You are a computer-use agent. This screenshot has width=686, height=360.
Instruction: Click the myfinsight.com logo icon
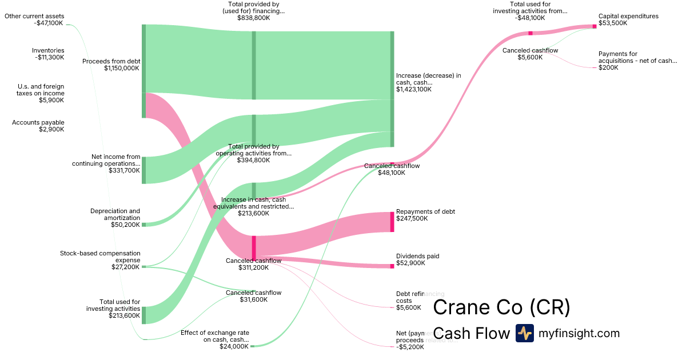(x=524, y=333)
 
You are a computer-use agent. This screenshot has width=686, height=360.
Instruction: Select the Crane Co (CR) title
(x=501, y=307)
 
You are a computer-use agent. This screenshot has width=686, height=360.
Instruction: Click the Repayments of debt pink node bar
(x=392, y=222)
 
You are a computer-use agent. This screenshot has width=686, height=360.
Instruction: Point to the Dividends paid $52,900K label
(x=417, y=259)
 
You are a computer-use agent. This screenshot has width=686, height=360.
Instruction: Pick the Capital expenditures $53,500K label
(x=628, y=20)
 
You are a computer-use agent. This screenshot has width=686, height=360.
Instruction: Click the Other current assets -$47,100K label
(x=34, y=20)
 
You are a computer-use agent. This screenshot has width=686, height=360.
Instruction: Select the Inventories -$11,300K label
(x=48, y=54)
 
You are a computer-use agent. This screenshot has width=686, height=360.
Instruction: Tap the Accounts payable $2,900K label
(x=38, y=126)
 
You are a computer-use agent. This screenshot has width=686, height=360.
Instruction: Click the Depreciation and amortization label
(x=115, y=218)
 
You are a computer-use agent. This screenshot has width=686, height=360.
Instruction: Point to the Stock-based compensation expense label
(x=100, y=259)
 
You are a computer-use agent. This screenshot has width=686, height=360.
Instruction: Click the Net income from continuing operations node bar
(x=143, y=170)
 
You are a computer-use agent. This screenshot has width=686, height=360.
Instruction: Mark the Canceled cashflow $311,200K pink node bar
(x=254, y=247)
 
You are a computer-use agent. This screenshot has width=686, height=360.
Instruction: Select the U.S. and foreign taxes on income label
(x=40, y=93)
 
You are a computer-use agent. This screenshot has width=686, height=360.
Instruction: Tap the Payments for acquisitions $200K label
(x=637, y=61)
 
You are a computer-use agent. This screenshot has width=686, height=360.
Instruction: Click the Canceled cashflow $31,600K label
(x=253, y=296)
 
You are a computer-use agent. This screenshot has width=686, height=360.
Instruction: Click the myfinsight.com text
(x=579, y=333)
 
